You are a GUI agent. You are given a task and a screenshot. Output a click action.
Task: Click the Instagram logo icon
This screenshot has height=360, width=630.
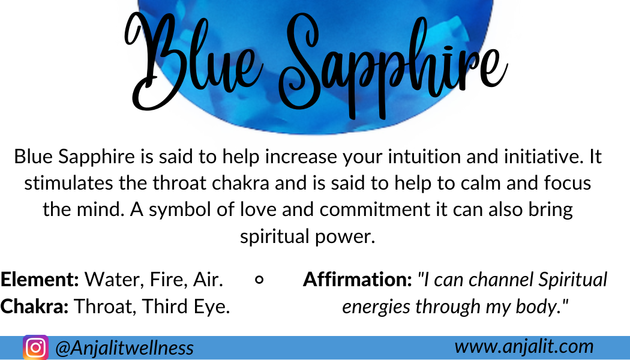point(36,347)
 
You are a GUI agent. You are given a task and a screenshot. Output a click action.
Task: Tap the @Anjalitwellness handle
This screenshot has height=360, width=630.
point(125,348)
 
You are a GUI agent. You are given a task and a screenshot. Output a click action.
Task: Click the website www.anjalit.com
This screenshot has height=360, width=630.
point(524,346)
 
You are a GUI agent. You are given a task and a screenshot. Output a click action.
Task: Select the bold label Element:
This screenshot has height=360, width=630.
point(40,279)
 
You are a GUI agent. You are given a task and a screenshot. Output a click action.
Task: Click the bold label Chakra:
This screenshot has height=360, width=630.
point(35,306)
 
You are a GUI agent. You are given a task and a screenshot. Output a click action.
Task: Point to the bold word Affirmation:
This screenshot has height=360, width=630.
point(358,279)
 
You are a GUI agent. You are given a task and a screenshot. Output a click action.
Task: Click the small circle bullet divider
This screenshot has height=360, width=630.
point(260,280)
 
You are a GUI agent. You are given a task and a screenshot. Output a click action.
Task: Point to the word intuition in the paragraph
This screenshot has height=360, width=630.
point(425,156)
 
